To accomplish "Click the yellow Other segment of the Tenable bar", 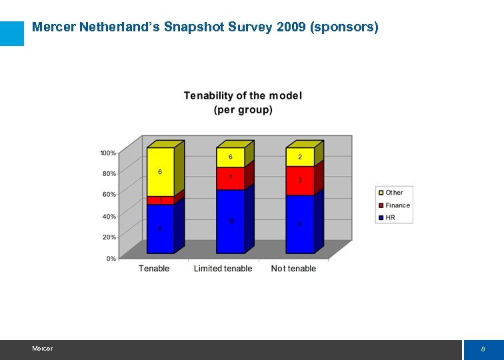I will [160, 172].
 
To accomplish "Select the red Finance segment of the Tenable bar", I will [160, 200].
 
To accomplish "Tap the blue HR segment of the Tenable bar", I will [160, 229].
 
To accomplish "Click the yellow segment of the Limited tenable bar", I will [230, 157].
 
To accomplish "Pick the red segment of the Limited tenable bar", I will [230, 178].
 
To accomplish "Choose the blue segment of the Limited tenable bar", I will [230, 221].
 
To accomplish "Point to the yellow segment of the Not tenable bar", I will [299, 157].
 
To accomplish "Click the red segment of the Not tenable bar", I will [299, 181].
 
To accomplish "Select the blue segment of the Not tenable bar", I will [299, 224].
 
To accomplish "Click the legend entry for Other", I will [394, 193].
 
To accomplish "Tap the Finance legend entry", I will [397, 205].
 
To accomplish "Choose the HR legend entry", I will [390, 217].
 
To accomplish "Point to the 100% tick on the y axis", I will [108, 153].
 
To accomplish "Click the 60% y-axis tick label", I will [108, 195].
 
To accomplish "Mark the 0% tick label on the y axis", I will [111, 258].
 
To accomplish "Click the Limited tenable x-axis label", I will [223, 269].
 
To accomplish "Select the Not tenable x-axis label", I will [293, 269].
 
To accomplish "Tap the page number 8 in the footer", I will [483, 349].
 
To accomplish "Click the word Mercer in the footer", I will [42, 349].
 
